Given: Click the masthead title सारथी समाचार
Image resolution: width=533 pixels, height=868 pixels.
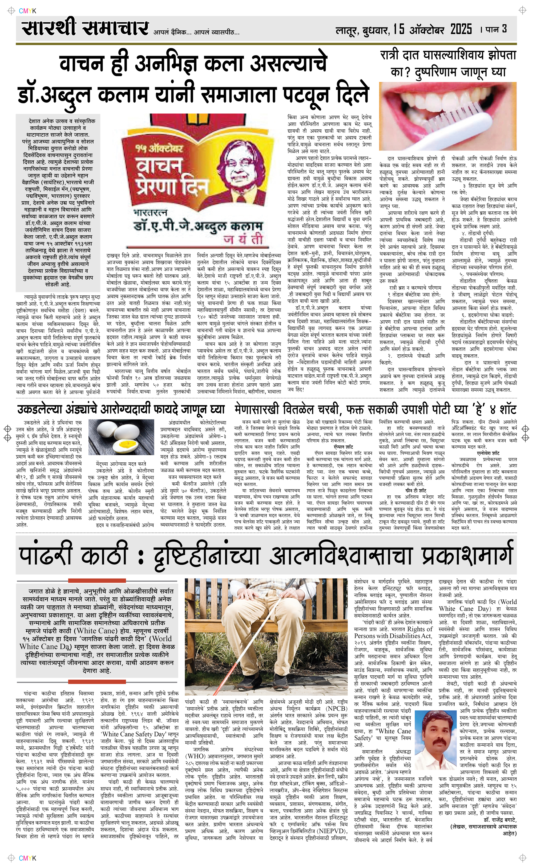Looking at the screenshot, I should coord(84,28).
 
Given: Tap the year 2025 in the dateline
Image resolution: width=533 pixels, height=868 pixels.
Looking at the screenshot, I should coord(461,29).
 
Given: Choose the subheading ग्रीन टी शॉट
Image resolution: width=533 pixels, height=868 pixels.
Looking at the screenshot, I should coord(416,490).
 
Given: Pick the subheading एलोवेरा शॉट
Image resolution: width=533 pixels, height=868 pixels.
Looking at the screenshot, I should coord(488,453).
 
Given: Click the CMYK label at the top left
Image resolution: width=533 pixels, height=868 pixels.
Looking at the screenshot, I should coord(27,11).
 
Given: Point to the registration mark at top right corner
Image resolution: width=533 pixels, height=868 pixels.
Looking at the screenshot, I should coord(522,11).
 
